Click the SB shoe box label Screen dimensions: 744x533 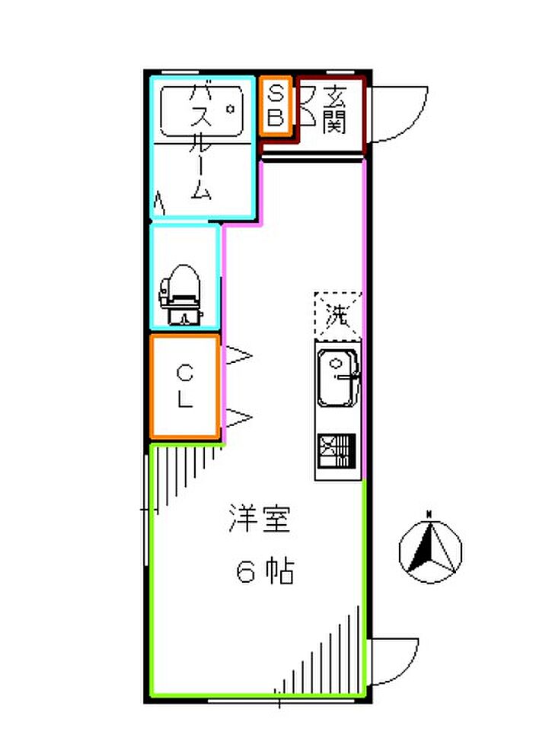(276, 106)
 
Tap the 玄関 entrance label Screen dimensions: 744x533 (334, 109)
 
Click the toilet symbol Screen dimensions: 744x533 (181, 293)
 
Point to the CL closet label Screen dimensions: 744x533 (185, 386)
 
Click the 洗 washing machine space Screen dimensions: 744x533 (338, 313)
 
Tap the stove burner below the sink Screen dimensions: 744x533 (336, 450)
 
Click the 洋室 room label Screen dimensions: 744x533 (260, 522)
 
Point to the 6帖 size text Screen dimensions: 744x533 (264, 572)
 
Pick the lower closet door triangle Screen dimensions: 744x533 (239, 416)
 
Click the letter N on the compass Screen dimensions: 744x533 (429, 513)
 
